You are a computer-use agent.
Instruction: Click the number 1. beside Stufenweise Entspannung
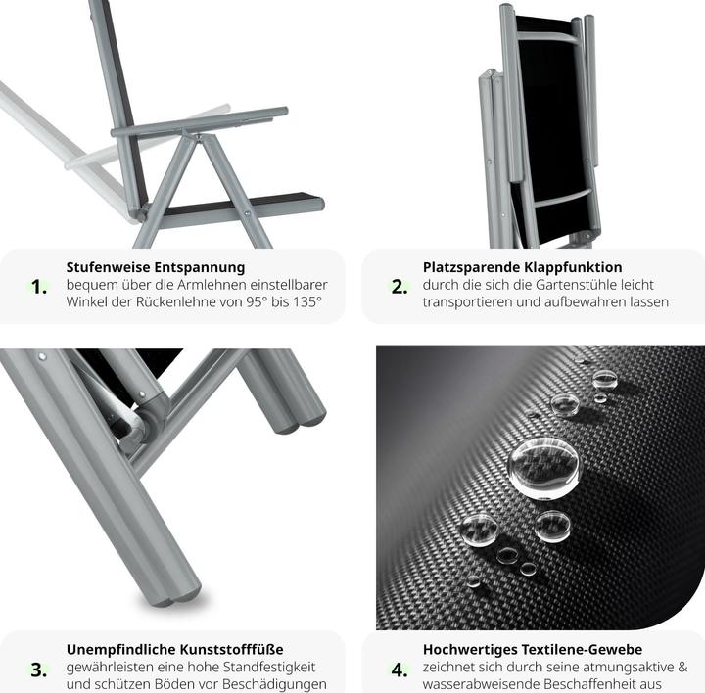tap(38, 287)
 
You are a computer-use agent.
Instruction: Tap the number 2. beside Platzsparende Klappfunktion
tap(399, 287)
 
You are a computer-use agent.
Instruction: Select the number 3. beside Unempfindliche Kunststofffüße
tap(38, 670)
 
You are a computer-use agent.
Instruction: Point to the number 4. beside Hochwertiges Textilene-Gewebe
tap(399, 670)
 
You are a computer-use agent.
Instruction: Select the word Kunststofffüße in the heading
tap(231, 649)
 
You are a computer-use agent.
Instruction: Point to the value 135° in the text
tap(307, 301)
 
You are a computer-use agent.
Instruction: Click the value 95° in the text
tap(257, 301)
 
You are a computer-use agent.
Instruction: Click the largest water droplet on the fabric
tap(544, 468)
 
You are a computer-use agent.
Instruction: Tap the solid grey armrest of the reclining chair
tap(199, 122)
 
